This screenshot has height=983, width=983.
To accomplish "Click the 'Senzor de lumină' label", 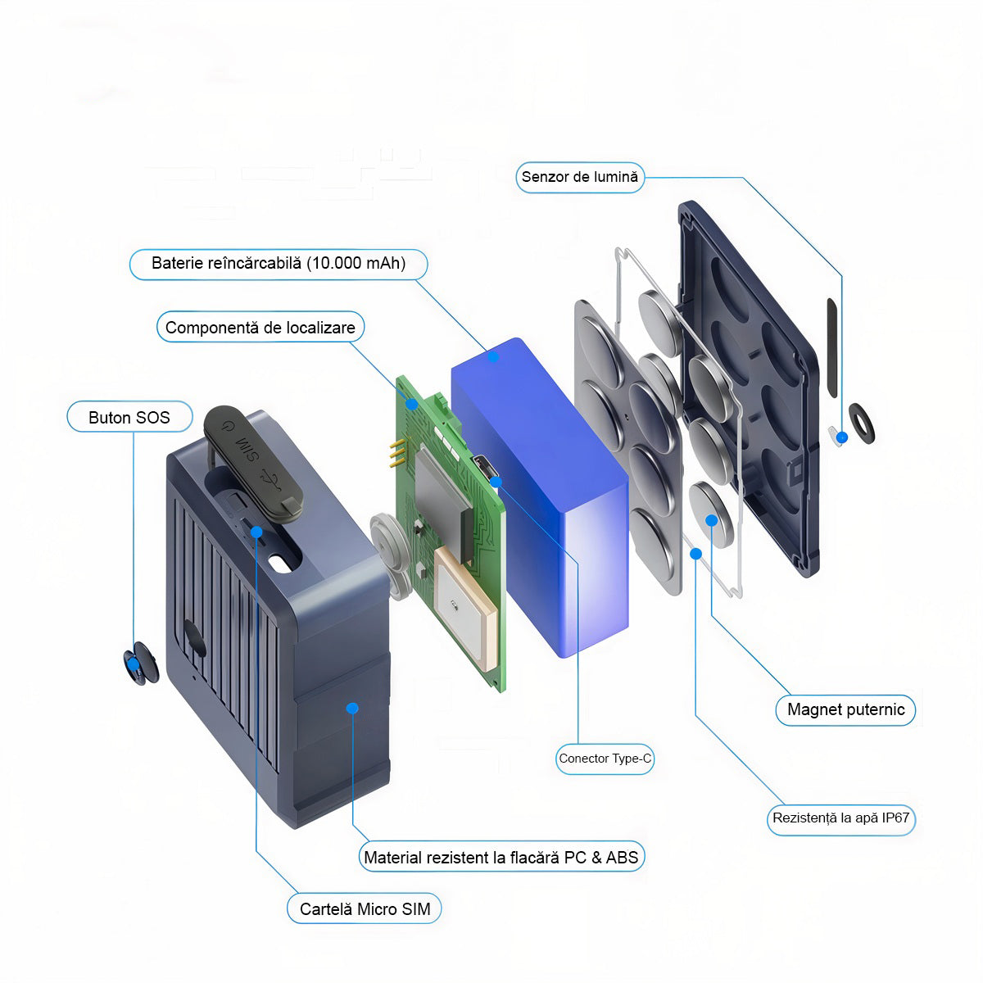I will (x=579, y=177).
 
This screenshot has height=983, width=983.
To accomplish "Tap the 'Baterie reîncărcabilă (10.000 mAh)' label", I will (x=279, y=264).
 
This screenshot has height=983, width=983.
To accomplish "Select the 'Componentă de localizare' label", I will (x=260, y=328).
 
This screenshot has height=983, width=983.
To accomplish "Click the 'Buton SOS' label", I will (x=129, y=418).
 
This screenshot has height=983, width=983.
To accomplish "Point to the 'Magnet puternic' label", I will (x=845, y=709).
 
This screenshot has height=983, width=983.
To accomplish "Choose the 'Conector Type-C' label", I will (x=605, y=759).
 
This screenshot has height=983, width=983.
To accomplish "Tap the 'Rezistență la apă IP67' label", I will (x=841, y=818).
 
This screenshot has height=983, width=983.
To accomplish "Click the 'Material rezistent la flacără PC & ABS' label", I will (x=501, y=858).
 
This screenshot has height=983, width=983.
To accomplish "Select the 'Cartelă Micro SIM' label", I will (x=365, y=909).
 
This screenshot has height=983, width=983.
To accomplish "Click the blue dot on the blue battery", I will (x=493, y=356).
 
